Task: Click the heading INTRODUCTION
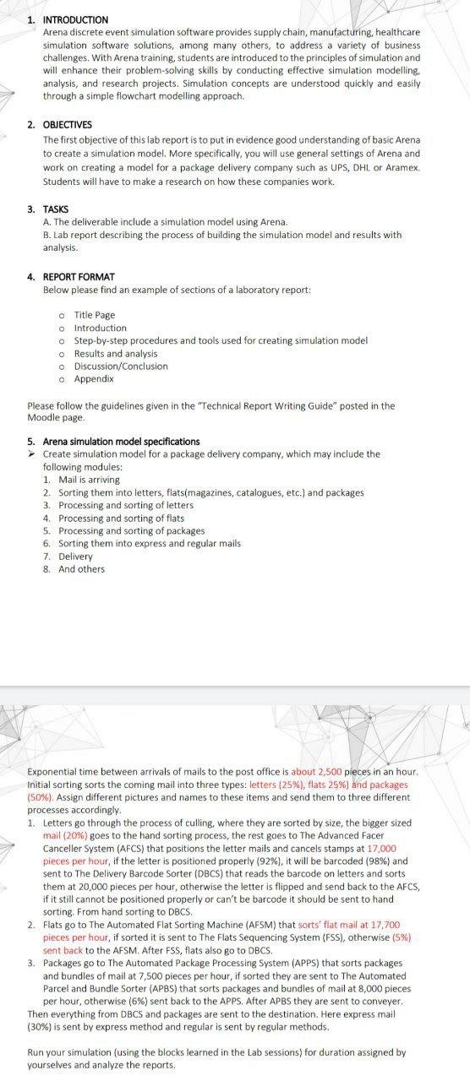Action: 75,19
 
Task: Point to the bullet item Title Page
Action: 94,315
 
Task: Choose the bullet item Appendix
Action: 94,378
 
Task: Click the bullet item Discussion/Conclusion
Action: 121,366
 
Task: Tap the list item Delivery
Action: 75,556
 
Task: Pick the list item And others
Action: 81,568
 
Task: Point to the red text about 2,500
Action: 314,772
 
